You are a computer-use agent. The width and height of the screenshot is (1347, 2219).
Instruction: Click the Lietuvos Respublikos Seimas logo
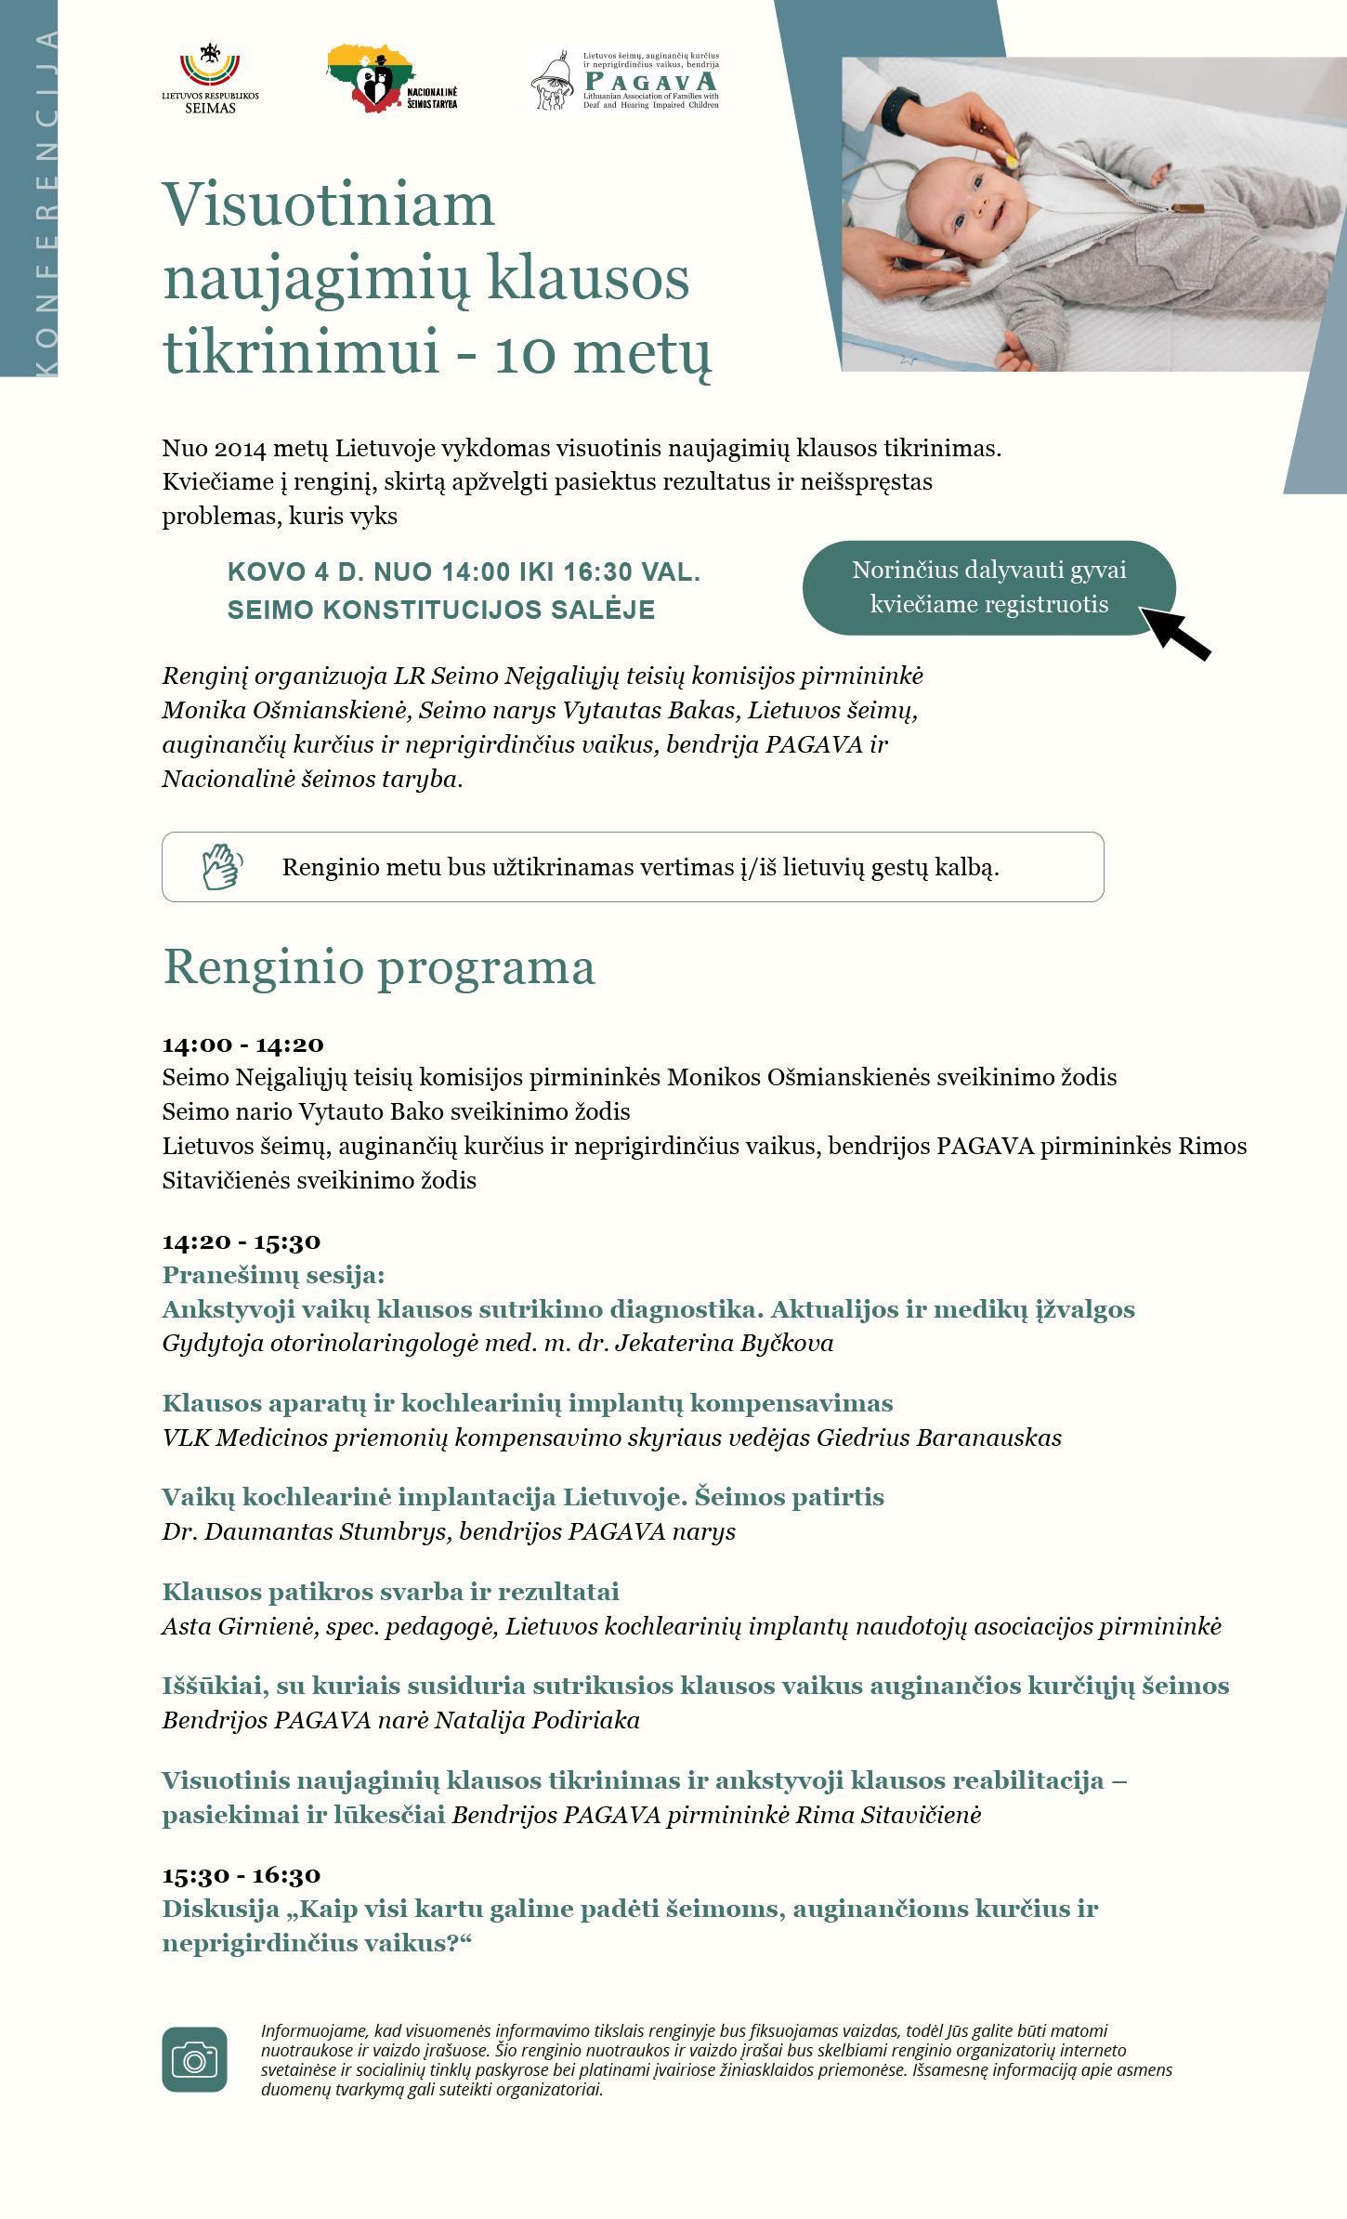click(x=210, y=78)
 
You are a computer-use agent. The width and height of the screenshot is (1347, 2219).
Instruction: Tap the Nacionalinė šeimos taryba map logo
click(x=390, y=78)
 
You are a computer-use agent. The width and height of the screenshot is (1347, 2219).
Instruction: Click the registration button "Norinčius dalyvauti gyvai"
click(x=988, y=587)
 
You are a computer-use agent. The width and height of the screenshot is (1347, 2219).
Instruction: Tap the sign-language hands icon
click(x=222, y=867)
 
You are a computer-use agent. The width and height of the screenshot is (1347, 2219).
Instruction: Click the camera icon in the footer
click(x=194, y=2059)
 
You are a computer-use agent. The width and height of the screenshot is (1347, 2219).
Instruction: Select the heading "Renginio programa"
click(x=379, y=967)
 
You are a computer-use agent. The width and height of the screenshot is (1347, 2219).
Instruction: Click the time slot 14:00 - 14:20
click(x=242, y=1044)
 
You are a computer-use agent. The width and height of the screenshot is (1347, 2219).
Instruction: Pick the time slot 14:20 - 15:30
click(x=241, y=1241)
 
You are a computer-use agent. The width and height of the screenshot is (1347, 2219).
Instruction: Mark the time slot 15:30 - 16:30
click(x=241, y=1875)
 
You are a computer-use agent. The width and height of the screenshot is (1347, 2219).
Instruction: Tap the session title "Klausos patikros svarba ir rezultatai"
click(x=390, y=1592)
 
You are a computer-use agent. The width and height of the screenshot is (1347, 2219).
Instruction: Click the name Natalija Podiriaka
click(x=537, y=1720)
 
